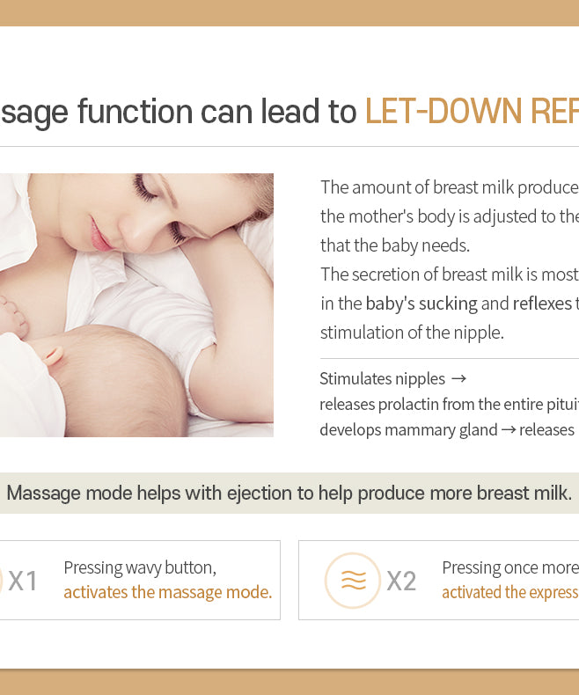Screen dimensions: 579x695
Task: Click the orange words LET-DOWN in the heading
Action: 443,111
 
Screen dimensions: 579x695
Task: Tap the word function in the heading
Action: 136,111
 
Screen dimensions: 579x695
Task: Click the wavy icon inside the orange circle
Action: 353,581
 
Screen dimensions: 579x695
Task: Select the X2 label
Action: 401,581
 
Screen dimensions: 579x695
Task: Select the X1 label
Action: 23,581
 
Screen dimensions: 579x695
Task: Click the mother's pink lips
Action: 100,235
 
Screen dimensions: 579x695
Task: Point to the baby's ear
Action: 54,355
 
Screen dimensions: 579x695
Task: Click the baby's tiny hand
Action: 12,316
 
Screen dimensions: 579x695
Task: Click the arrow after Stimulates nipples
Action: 458,379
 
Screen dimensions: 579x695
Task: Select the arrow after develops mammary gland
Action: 508,430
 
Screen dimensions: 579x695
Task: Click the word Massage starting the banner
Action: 43,494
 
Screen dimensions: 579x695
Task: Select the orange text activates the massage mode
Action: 167,593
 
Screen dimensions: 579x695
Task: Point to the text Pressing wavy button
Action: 140,567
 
